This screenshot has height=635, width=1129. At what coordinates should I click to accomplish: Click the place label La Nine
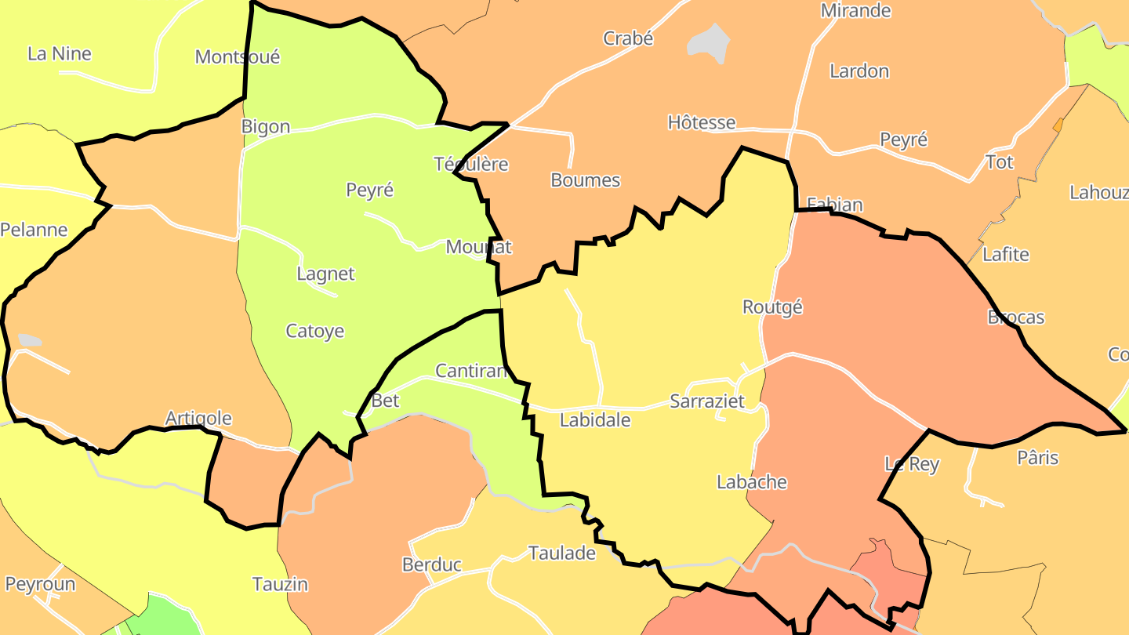(60, 54)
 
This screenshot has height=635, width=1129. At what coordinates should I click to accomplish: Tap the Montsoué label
(237, 57)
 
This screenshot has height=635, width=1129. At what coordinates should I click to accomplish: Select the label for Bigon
(266, 127)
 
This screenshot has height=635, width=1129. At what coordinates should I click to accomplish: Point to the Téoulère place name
(471, 165)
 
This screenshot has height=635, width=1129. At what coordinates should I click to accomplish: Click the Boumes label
(585, 180)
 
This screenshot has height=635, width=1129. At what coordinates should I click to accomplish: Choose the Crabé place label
(628, 38)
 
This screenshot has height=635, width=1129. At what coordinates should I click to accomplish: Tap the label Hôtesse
(702, 122)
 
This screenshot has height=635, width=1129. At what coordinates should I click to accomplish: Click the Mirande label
(855, 11)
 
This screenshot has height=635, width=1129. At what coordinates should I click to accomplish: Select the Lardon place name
(859, 71)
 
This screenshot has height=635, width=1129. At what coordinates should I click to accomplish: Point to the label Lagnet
(325, 274)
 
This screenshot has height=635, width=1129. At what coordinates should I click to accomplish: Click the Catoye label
(314, 331)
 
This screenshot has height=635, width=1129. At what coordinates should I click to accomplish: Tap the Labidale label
(595, 420)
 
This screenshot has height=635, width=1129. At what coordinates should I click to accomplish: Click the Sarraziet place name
(706, 401)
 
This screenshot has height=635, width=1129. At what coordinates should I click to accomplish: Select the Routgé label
(772, 307)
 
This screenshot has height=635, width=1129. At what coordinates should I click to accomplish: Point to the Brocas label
(1016, 317)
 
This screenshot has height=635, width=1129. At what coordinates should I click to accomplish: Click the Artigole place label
(198, 419)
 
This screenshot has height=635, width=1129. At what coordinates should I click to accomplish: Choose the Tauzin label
(280, 584)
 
